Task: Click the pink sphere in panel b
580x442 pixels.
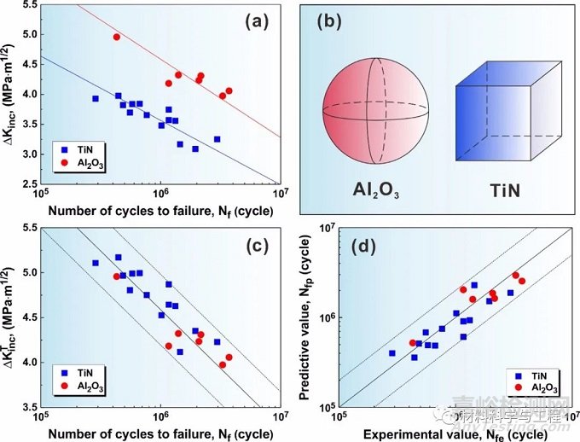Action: tap(368, 109)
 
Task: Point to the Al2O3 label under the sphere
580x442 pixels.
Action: tap(368, 189)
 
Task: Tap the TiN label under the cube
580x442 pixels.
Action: tap(508, 189)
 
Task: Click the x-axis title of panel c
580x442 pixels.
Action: tap(159, 433)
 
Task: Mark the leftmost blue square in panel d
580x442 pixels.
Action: tap(391, 352)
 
